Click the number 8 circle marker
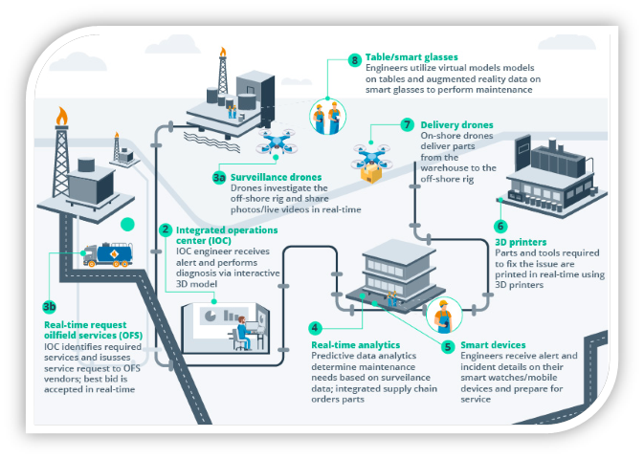point(354,59)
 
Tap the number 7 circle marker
point(408,125)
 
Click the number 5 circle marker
point(316,328)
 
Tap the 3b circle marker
point(49,307)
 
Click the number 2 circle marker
point(166,229)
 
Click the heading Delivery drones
point(457,125)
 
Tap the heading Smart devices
point(494,345)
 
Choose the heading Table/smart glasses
point(411,58)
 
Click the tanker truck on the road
point(108,253)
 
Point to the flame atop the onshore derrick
point(63,116)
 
